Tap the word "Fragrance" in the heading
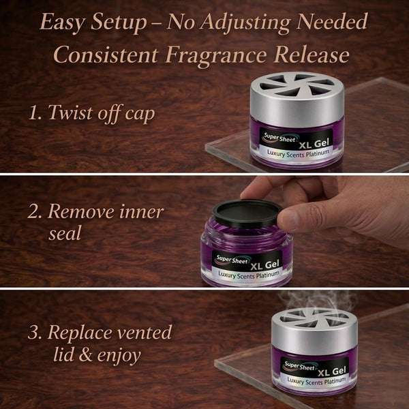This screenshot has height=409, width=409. pyautogui.click(x=215, y=56)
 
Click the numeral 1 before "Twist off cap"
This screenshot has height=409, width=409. pyautogui.click(x=35, y=113)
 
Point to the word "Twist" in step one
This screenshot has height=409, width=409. pyautogui.click(x=71, y=112)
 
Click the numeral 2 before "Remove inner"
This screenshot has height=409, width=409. pyautogui.click(x=33, y=211)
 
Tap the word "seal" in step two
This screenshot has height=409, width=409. pyautogui.click(x=65, y=233)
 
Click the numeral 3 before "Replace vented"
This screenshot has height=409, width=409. pyautogui.click(x=33, y=333)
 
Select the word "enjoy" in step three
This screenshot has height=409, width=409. pyautogui.click(x=119, y=356)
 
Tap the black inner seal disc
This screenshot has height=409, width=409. pyautogui.click(x=247, y=213)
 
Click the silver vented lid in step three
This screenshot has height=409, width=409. pyautogui.click(x=314, y=330)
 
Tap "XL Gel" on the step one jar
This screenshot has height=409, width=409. pyautogui.click(x=314, y=144)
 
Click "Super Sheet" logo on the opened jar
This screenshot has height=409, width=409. pyautogui.click(x=232, y=260)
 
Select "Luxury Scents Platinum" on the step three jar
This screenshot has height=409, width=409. pyautogui.click(x=317, y=381)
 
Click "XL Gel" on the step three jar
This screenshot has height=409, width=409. pyautogui.click(x=332, y=372)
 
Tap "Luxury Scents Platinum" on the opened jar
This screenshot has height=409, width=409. pyautogui.click(x=249, y=275)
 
